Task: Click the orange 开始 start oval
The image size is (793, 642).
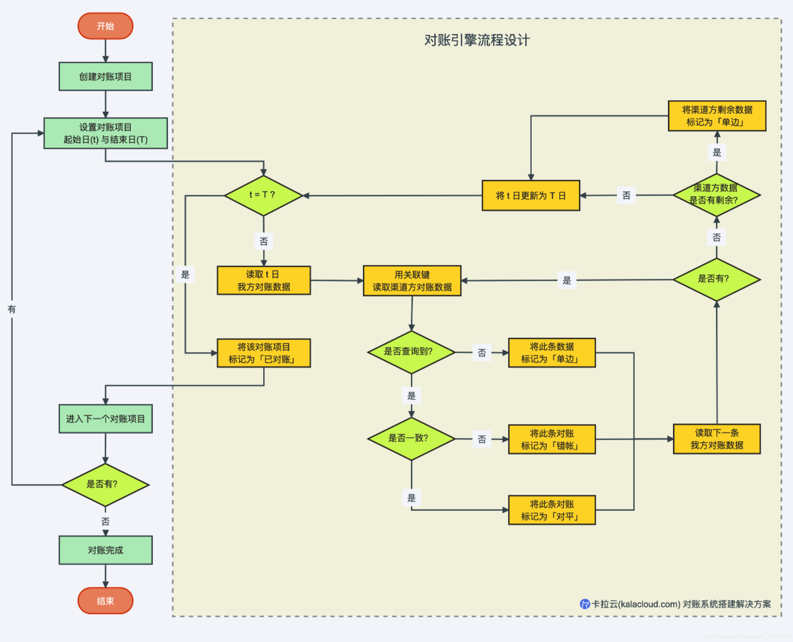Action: coord(105,26)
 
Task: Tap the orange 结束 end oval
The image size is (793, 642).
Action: coord(105,601)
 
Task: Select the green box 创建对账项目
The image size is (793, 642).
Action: coord(105,77)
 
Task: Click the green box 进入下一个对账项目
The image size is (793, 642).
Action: coord(105,419)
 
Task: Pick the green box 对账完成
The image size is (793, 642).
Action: coord(105,550)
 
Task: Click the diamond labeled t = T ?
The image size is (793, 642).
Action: coord(263,195)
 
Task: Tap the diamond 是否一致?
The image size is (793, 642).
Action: coord(411,439)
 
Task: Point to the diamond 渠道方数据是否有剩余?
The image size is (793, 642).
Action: coord(716,194)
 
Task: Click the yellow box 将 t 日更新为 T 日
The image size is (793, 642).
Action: coord(531,196)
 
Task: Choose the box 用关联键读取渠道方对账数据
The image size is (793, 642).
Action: coord(412,281)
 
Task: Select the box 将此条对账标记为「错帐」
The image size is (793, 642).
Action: coord(552,439)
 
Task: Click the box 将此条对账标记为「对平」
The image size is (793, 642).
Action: coord(552,510)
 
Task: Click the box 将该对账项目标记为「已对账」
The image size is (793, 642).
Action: coord(264,353)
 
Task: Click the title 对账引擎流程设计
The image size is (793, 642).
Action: coord(477,40)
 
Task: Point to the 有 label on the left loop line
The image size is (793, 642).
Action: coord(12,309)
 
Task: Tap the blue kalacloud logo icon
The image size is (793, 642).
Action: coord(585,604)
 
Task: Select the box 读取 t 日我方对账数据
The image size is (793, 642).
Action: coord(264,281)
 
